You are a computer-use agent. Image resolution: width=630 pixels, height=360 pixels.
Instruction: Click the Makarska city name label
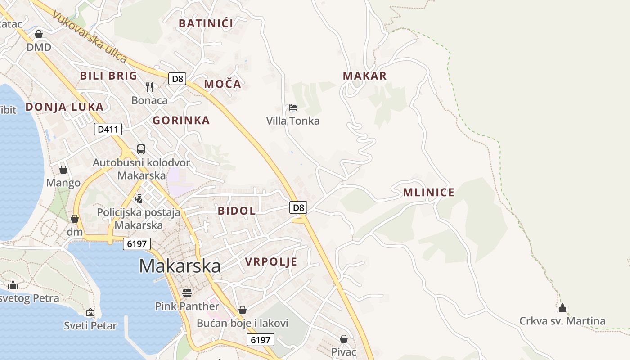click(180, 266)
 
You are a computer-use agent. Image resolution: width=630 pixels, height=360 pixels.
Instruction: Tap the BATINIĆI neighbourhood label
click(206, 23)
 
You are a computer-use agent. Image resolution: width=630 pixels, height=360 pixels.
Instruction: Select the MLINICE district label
click(428, 193)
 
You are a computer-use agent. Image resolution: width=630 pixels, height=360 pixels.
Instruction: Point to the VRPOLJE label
click(271, 261)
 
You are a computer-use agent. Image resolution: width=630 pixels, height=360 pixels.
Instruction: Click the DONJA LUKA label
click(64, 107)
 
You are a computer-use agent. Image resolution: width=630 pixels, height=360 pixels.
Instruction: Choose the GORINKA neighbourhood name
click(181, 120)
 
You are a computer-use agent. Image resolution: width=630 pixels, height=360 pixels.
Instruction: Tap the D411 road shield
click(108, 130)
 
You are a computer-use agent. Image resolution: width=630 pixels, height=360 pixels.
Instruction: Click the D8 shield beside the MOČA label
click(177, 79)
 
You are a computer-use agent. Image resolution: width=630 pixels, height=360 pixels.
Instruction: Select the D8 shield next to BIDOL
click(298, 207)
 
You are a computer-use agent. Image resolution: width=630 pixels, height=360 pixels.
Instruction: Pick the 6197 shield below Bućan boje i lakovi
click(260, 340)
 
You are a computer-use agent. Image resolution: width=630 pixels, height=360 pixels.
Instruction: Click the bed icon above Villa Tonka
click(293, 108)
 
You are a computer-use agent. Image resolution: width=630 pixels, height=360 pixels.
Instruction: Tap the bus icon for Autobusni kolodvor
click(141, 149)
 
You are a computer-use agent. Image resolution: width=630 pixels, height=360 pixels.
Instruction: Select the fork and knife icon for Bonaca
click(149, 87)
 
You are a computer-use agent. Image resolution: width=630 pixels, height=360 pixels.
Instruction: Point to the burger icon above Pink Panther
click(187, 293)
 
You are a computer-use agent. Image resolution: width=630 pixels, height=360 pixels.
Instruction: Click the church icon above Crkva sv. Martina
click(562, 308)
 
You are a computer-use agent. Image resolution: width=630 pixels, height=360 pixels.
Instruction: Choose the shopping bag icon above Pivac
click(344, 338)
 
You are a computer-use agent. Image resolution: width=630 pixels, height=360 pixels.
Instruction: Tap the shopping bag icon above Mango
click(63, 170)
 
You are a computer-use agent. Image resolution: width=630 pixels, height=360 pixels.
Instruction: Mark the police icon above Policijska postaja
click(139, 198)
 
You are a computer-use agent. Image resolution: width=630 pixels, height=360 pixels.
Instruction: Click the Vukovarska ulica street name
click(90, 36)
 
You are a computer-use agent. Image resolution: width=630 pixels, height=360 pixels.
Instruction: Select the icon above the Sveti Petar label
click(90, 312)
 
